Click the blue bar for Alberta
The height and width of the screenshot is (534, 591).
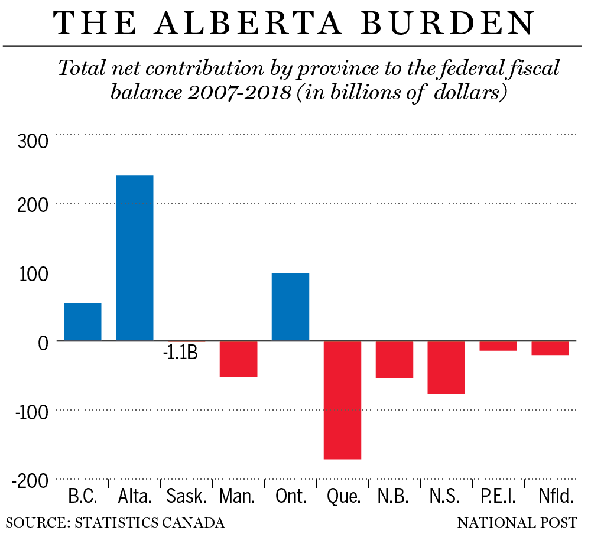[134, 258]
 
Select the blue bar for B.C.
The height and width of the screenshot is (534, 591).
[82, 322]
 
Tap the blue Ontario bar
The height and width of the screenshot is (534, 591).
[290, 307]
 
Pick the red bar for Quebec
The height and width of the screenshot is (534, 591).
[342, 400]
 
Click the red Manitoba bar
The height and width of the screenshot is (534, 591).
[238, 359]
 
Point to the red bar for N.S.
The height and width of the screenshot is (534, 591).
[446, 367]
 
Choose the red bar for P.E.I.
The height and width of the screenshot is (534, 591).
[498, 346]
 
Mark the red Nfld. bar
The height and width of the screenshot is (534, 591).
[550, 348]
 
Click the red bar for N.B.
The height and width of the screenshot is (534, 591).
[394, 360]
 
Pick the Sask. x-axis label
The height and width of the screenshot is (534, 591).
[186, 496]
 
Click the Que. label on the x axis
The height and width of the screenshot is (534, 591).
[343, 496]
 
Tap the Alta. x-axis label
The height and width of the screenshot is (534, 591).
[135, 496]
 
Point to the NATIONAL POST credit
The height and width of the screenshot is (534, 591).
[517, 523]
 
